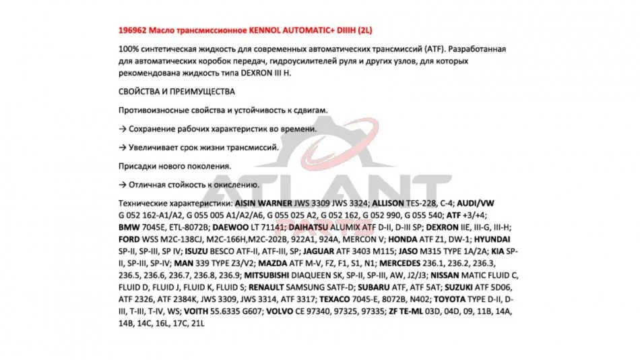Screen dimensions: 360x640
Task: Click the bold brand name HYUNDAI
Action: (491, 239)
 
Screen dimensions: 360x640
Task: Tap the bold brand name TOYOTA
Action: (450, 299)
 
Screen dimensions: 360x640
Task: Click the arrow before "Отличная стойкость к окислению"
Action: (123, 184)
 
